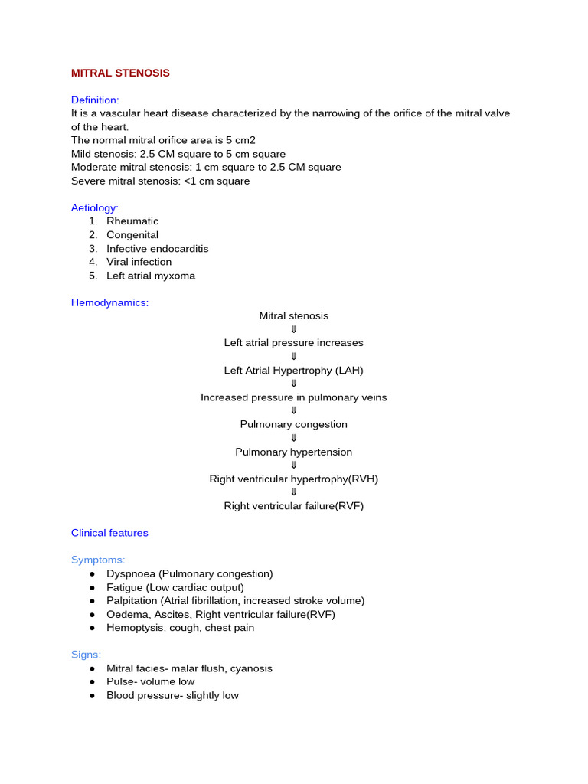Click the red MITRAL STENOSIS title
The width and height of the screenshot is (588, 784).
[120, 73]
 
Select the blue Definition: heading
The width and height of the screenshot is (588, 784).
[95, 100]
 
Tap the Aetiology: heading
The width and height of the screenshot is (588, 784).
[95, 207]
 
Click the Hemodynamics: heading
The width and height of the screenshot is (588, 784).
[109, 302]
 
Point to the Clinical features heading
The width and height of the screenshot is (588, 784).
[109, 533]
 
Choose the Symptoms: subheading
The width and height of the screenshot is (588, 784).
[98, 560]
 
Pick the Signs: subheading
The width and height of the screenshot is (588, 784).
[86, 655]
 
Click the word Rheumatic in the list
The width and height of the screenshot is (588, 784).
[132, 221]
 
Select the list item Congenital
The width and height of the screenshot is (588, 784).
[132, 235]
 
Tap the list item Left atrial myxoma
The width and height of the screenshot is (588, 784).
[151, 276]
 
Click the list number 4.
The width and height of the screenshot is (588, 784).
[92, 262]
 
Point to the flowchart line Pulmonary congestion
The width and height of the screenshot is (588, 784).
[294, 424]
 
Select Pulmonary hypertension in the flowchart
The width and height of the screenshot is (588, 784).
[294, 452]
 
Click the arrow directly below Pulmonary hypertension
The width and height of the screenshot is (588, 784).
[294, 465]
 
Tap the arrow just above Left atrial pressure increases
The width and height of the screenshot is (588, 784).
[294, 329]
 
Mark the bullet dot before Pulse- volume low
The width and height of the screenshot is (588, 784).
[92, 682]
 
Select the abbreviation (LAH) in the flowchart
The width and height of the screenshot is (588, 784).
[350, 370]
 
